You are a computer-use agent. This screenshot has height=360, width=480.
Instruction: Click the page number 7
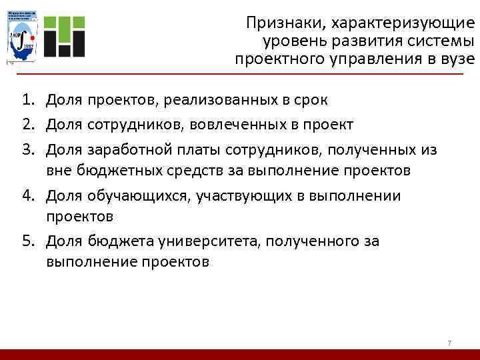pyautogui.click(x=449, y=343)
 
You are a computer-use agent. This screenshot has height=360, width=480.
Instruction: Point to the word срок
pyautogui.click(x=311, y=101)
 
